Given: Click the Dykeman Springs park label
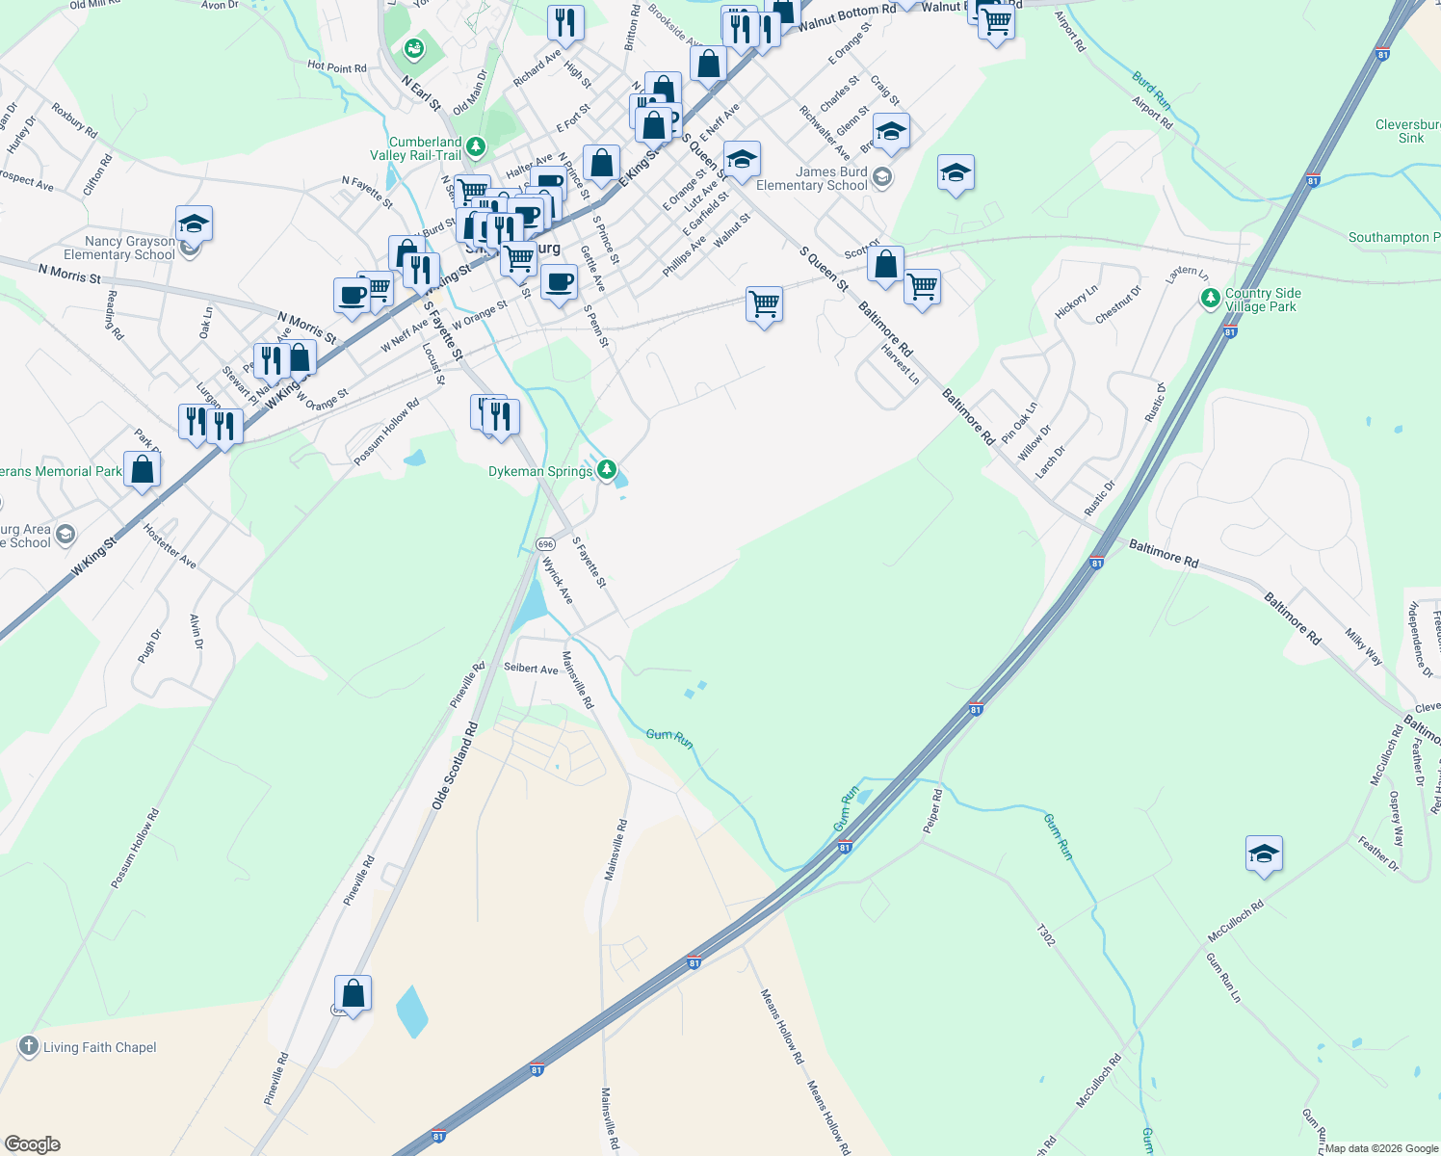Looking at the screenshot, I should (x=540, y=471).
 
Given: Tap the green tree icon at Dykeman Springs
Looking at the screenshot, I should (x=607, y=469).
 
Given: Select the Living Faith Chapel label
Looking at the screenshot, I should (x=99, y=1047).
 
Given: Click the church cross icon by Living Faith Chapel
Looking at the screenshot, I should (x=29, y=1046).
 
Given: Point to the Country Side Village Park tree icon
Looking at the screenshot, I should (x=1211, y=299).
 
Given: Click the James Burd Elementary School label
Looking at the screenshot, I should (x=811, y=178).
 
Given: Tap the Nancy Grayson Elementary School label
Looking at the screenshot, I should (x=119, y=248).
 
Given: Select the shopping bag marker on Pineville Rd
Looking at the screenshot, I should (x=354, y=994).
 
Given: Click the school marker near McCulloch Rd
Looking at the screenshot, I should (x=1264, y=854).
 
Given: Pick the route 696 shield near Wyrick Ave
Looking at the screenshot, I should (x=546, y=544).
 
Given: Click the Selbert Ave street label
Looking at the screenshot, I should (x=531, y=668).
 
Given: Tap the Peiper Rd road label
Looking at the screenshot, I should (x=932, y=811).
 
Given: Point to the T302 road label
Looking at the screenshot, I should (x=1046, y=935).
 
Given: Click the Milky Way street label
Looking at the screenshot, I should (x=1364, y=646).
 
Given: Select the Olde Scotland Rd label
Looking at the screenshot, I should (x=455, y=765).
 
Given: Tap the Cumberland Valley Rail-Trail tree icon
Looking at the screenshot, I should (x=476, y=147).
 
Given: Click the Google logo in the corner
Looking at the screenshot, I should (x=32, y=1144).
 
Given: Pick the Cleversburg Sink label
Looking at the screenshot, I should (x=1409, y=131).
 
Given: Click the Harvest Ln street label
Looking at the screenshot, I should (x=901, y=364).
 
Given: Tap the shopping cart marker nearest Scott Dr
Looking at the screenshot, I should (x=922, y=286).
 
